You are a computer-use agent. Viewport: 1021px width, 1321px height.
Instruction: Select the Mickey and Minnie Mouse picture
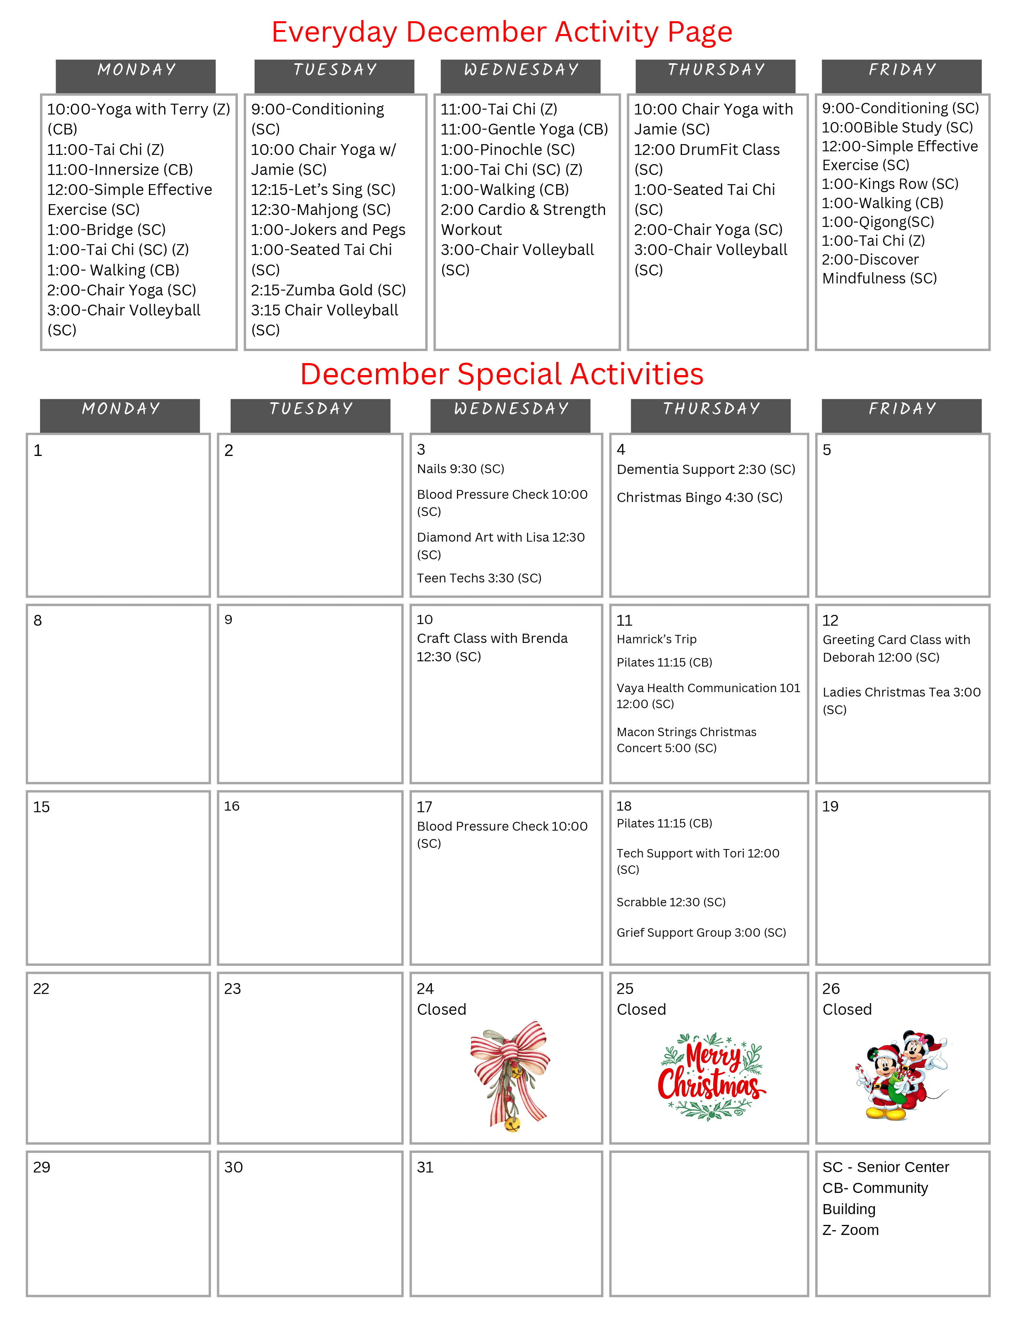click(x=901, y=1076)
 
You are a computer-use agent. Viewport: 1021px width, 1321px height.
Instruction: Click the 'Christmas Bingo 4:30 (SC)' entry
click(x=699, y=497)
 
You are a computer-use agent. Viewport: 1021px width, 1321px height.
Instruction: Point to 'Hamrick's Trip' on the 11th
click(x=656, y=639)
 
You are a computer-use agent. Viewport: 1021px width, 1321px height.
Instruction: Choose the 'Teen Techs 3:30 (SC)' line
click(x=478, y=578)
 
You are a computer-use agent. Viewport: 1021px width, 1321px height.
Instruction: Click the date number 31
click(x=425, y=1167)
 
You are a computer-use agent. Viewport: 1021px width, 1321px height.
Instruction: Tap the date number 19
click(x=830, y=806)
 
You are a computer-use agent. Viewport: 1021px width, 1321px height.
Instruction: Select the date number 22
click(x=41, y=989)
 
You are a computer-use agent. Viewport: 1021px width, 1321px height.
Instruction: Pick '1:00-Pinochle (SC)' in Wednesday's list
click(x=507, y=149)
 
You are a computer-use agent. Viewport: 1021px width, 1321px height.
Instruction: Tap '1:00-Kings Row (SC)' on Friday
click(x=890, y=184)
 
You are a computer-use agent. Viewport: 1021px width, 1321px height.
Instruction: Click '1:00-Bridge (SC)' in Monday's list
click(x=107, y=230)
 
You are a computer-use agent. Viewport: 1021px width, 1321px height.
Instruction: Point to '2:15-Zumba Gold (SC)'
click(x=328, y=290)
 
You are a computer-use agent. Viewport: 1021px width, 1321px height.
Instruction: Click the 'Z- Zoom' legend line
click(x=850, y=1230)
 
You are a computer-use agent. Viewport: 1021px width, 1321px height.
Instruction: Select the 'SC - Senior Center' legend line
click(x=886, y=1167)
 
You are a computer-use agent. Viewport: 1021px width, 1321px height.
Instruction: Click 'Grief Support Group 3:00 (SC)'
click(x=701, y=933)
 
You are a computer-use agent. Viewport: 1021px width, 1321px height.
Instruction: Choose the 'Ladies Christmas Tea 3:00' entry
click(x=901, y=693)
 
